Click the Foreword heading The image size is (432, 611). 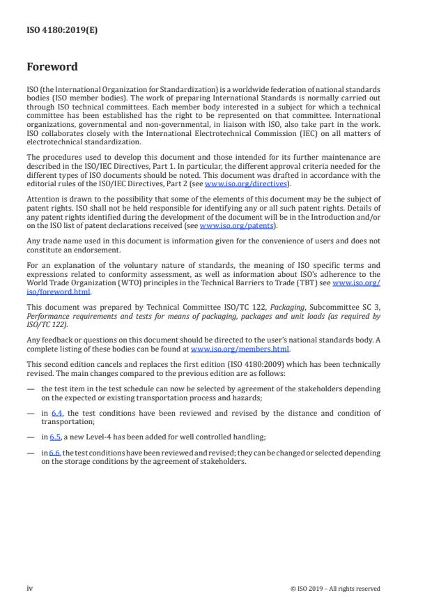(52, 67)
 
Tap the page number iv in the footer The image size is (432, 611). (29, 588)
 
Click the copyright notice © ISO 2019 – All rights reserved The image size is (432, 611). (335, 588)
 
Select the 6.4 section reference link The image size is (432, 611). (57, 414)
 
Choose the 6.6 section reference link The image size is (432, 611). (56, 452)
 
